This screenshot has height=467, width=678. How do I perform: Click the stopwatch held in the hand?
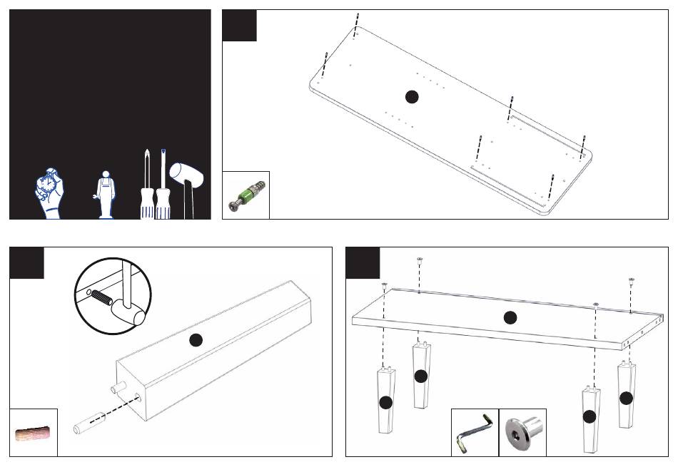click(x=49, y=187)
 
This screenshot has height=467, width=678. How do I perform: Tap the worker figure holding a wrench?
click(x=106, y=194)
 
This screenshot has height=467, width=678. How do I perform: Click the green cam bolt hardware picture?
click(x=246, y=195)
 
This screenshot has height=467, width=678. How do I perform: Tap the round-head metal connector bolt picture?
click(x=522, y=431)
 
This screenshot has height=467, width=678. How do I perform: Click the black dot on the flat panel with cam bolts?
click(x=411, y=96)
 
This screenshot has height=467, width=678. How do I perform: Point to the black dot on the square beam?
click(x=196, y=341)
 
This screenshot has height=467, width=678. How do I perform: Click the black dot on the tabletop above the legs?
click(x=510, y=318)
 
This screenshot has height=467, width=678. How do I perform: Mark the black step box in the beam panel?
click(x=26, y=262)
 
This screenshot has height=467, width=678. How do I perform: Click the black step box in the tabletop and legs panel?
click(x=363, y=262)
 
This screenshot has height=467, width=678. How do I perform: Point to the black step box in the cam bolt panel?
click(x=239, y=26)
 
